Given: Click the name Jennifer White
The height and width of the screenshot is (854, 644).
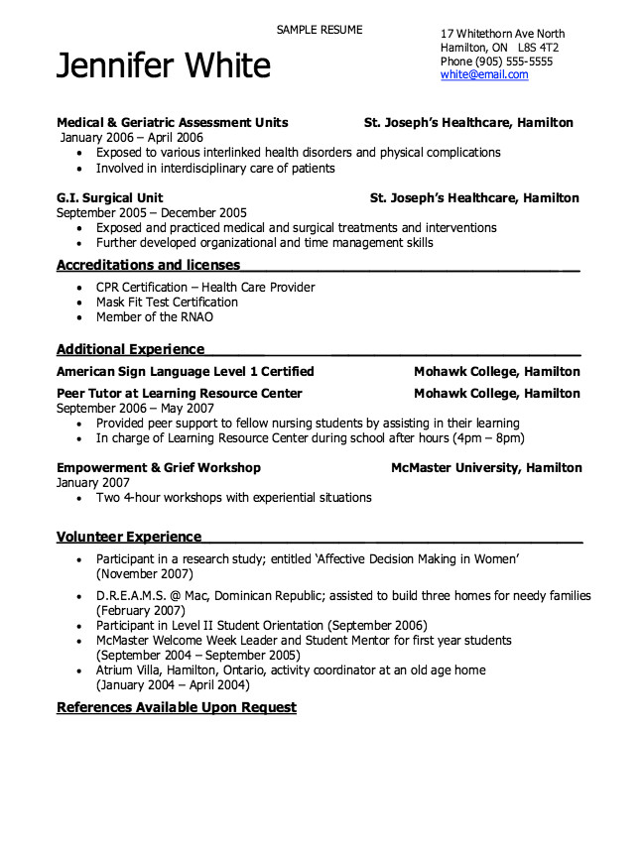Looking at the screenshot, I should click(164, 65).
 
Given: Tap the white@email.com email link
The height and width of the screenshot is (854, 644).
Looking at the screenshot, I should click(484, 74).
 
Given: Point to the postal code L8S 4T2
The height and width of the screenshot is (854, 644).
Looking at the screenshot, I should click(538, 47).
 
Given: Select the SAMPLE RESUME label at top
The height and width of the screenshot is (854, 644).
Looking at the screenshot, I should click(320, 30).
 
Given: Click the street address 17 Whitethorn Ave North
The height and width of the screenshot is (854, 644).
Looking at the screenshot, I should click(502, 34).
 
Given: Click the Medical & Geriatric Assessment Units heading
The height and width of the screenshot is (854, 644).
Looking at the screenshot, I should click(173, 122).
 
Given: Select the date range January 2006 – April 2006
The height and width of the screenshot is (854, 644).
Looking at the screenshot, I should click(132, 138).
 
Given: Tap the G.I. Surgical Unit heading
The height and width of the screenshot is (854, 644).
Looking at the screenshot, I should click(110, 197).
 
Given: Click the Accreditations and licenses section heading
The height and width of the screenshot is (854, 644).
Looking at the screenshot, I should click(148, 265).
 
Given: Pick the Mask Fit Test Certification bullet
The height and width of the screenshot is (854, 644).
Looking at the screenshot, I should click(167, 302).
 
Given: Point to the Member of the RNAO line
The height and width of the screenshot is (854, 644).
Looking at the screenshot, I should click(154, 317).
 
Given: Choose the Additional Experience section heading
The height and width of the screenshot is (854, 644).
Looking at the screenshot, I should click(130, 349).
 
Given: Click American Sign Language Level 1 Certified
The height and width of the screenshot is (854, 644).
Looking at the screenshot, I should click(186, 371).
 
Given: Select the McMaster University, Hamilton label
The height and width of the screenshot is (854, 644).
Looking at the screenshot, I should click(486, 467).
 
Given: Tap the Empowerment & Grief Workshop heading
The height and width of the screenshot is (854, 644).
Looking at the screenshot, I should click(159, 467).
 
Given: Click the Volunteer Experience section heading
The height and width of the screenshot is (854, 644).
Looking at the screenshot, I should click(129, 537).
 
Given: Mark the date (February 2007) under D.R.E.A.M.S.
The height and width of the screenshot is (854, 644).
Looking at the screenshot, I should click(141, 611).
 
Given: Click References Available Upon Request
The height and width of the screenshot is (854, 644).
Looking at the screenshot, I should click(177, 707).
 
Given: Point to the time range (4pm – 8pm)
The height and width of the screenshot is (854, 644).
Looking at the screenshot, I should click(487, 437).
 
